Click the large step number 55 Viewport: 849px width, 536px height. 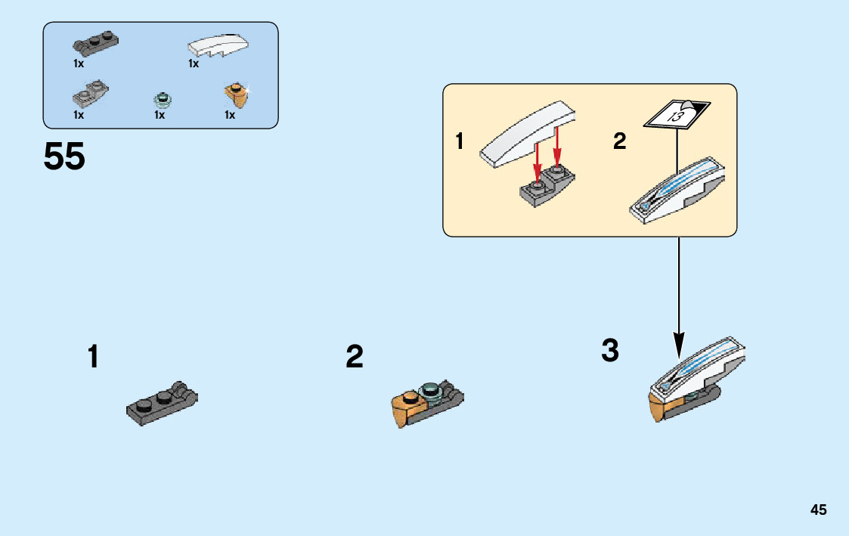click(x=64, y=157)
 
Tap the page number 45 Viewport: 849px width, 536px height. click(x=818, y=510)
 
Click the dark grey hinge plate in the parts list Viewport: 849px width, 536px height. click(x=95, y=42)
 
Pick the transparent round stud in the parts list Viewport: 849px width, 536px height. click(x=160, y=98)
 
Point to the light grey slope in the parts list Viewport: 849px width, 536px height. click(x=90, y=94)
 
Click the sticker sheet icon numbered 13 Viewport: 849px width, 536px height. click(x=676, y=113)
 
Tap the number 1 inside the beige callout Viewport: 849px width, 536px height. click(x=460, y=141)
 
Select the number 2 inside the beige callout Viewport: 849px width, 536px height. click(x=620, y=141)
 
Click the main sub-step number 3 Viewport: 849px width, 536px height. click(x=610, y=351)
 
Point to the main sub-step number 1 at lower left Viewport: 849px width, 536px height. click(x=93, y=357)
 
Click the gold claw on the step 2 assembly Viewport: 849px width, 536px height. click(x=406, y=410)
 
